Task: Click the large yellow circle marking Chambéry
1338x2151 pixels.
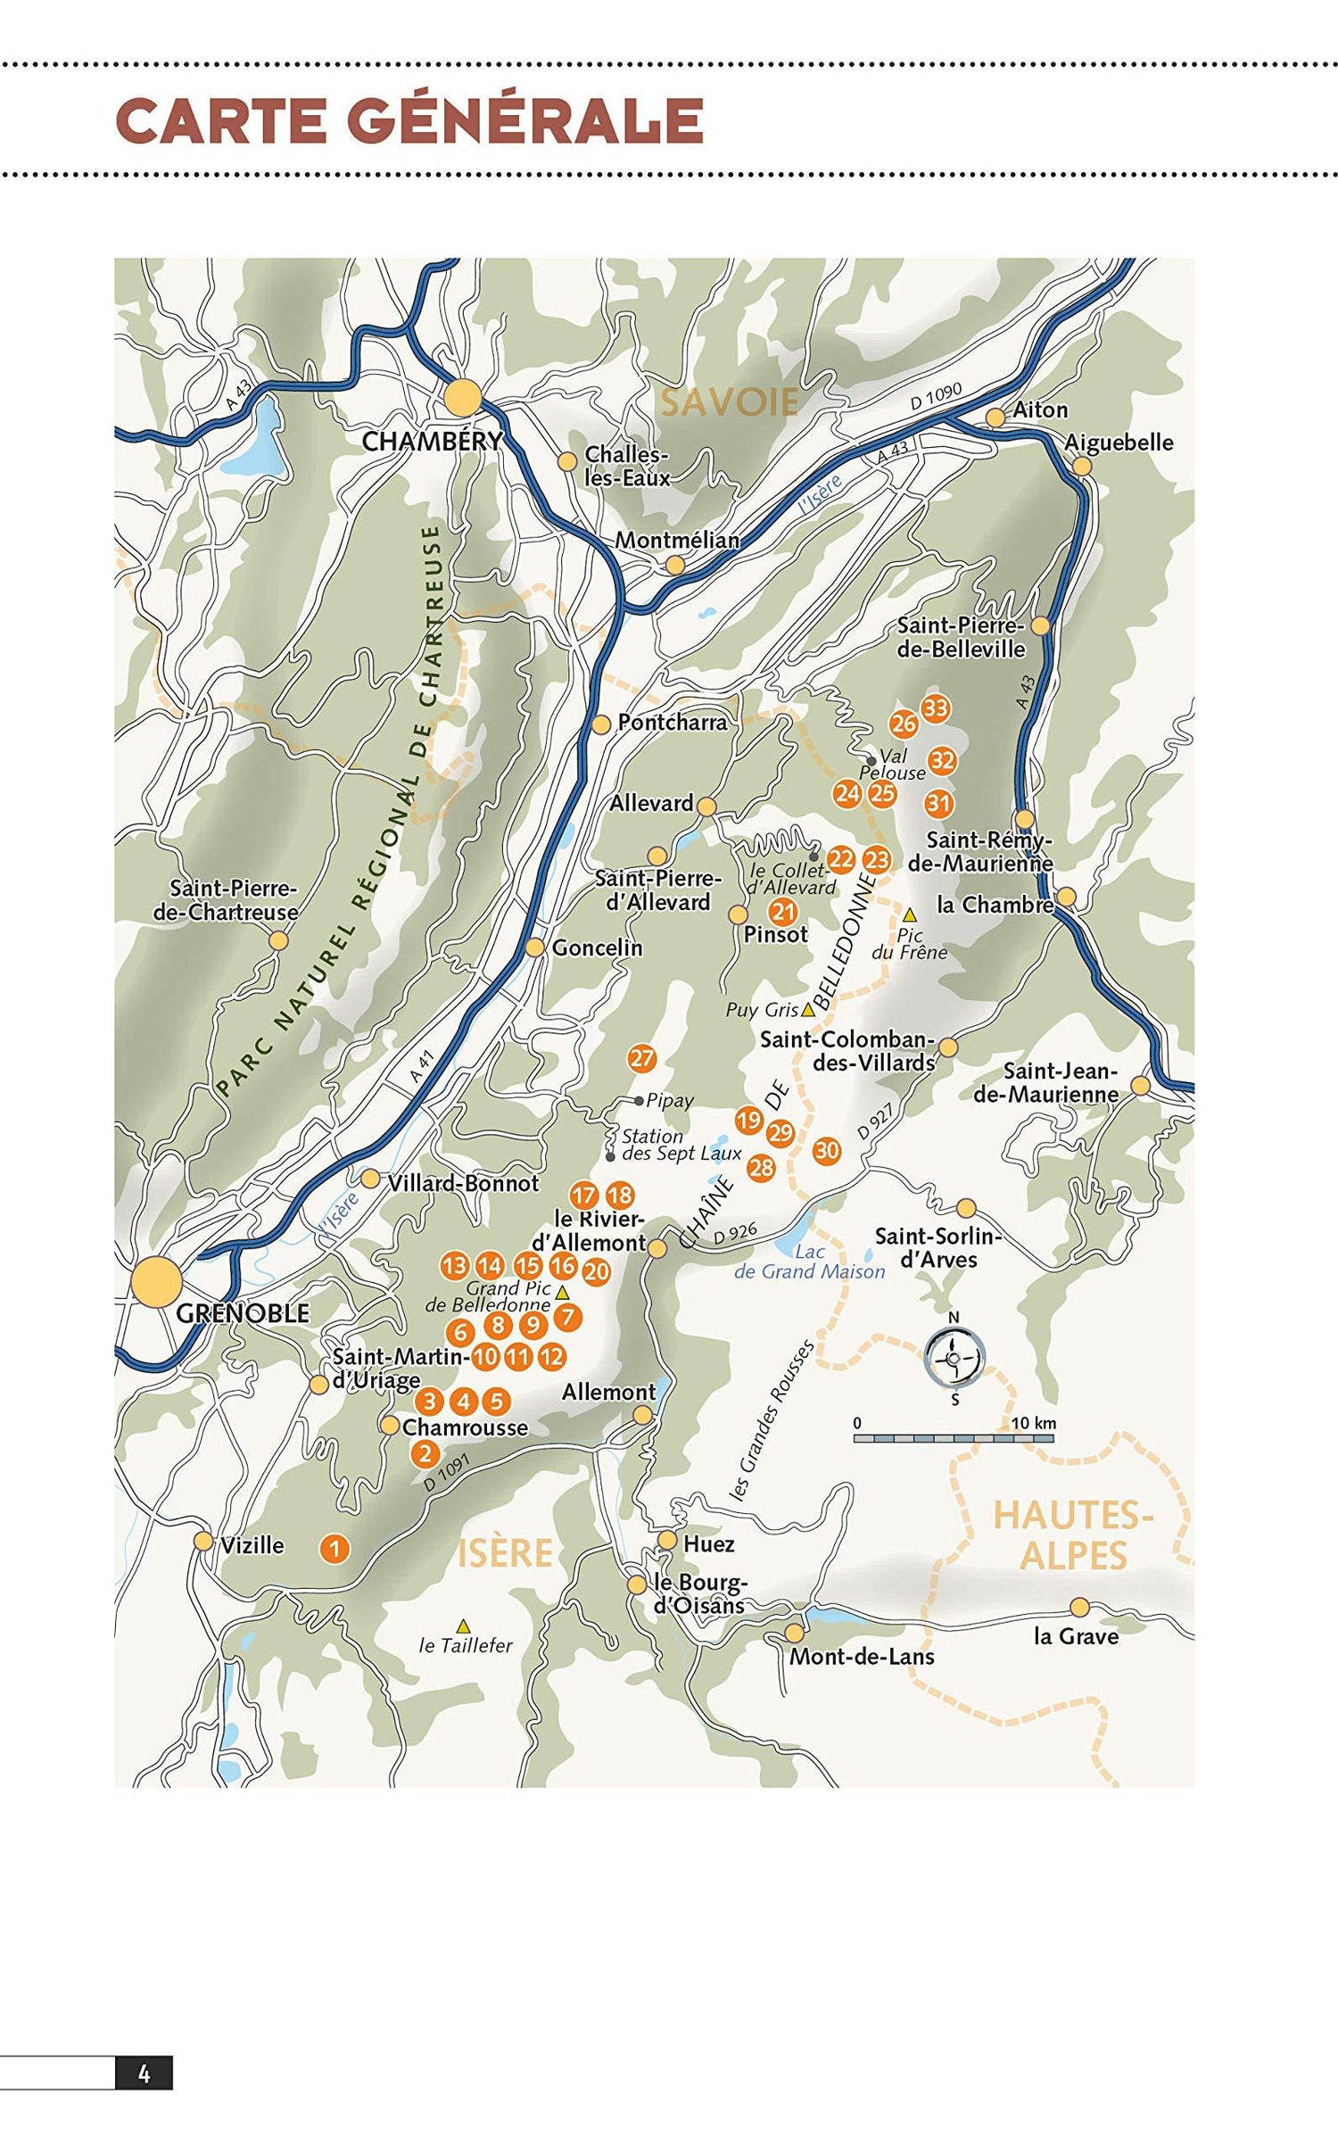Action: click(463, 398)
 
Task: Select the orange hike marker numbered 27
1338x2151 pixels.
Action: click(641, 1059)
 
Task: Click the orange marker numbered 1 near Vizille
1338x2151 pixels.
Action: click(334, 1548)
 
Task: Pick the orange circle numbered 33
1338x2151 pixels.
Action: click(935, 708)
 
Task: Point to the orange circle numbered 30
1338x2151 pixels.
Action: click(827, 1150)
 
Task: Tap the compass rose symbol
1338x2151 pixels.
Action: click(954, 1359)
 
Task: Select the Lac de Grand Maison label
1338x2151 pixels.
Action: click(809, 1262)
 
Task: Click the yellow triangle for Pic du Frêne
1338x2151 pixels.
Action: click(910, 915)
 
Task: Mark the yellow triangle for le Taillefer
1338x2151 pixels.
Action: click(463, 1625)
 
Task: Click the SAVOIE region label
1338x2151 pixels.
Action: click(730, 402)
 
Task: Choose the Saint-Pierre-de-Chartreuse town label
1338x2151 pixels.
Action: click(225, 900)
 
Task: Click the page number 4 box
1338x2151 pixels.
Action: click(144, 2074)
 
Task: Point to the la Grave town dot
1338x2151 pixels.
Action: click(1079, 1607)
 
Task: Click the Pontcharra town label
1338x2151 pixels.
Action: click(672, 722)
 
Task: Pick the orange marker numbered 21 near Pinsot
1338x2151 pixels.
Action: click(783, 912)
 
